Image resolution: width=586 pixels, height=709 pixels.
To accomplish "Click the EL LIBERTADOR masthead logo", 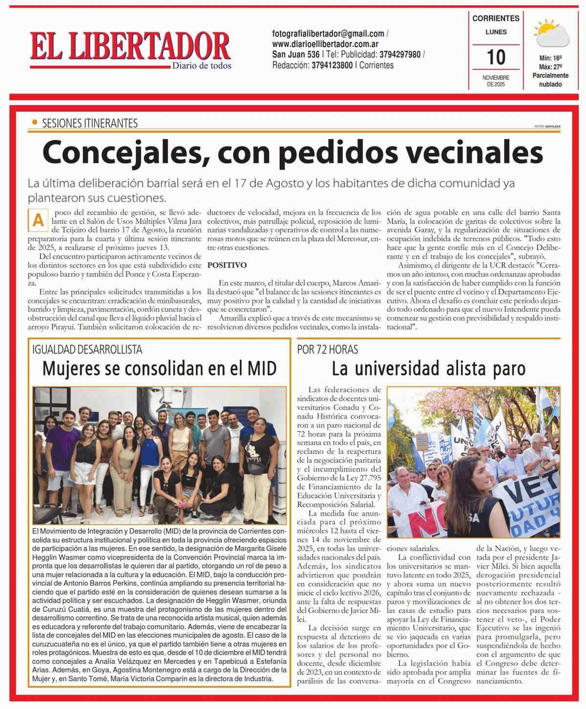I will (x=130, y=47).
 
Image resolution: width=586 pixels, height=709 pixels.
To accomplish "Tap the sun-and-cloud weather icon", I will (x=551, y=33).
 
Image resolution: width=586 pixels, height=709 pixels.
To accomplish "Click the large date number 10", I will (x=496, y=57).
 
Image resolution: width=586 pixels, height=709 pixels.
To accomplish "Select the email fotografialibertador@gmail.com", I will (x=328, y=34).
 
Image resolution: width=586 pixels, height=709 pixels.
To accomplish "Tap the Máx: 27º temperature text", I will (x=550, y=67).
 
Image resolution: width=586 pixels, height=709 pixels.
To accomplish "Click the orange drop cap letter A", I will (x=38, y=221).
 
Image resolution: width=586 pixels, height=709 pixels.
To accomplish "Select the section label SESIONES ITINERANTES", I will (x=90, y=123).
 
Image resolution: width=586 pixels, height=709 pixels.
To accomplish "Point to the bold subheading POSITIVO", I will (x=227, y=265).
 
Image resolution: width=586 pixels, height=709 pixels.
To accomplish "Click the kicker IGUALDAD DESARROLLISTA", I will (x=87, y=349).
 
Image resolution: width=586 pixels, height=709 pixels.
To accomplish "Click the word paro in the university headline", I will (x=505, y=368).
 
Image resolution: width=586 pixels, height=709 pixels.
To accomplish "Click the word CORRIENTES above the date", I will (x=496, y=19).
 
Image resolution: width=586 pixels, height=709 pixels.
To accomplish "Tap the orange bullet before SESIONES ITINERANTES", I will (x=34, y=123).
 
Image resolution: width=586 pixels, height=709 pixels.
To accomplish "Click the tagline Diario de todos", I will (x=201, y=66).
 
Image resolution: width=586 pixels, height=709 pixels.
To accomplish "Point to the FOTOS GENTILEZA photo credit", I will (x=547, y=126).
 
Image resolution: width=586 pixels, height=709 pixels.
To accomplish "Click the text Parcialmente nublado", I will (x=550, y=80).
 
